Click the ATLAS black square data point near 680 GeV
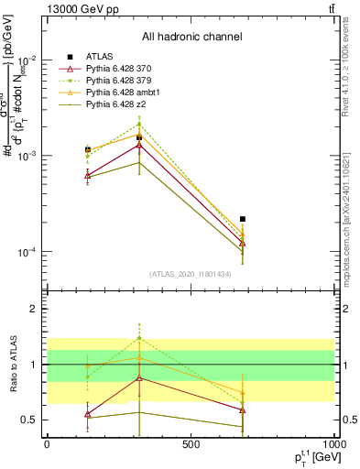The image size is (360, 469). (242, 219)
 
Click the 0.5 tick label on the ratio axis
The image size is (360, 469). (30, 420)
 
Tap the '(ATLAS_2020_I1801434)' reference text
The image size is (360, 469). (191, 274)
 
